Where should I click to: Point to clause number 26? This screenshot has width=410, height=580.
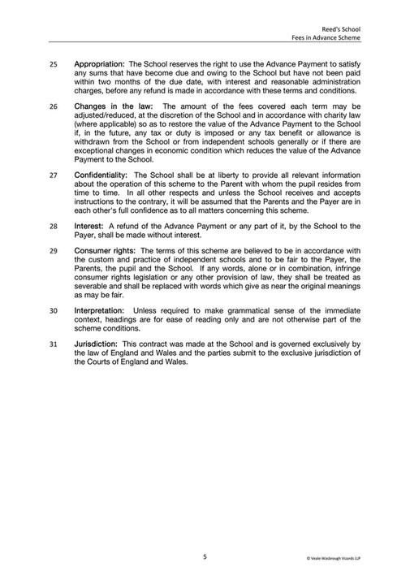click(54, 106)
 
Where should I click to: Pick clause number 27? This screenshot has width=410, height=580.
click(54, 174)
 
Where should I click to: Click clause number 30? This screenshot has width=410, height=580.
click(54, 309)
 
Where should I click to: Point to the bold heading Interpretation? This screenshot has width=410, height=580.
click(100, 309)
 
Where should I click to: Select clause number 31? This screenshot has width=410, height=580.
click(54, 344)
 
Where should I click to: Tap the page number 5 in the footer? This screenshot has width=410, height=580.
click(205, 556)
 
